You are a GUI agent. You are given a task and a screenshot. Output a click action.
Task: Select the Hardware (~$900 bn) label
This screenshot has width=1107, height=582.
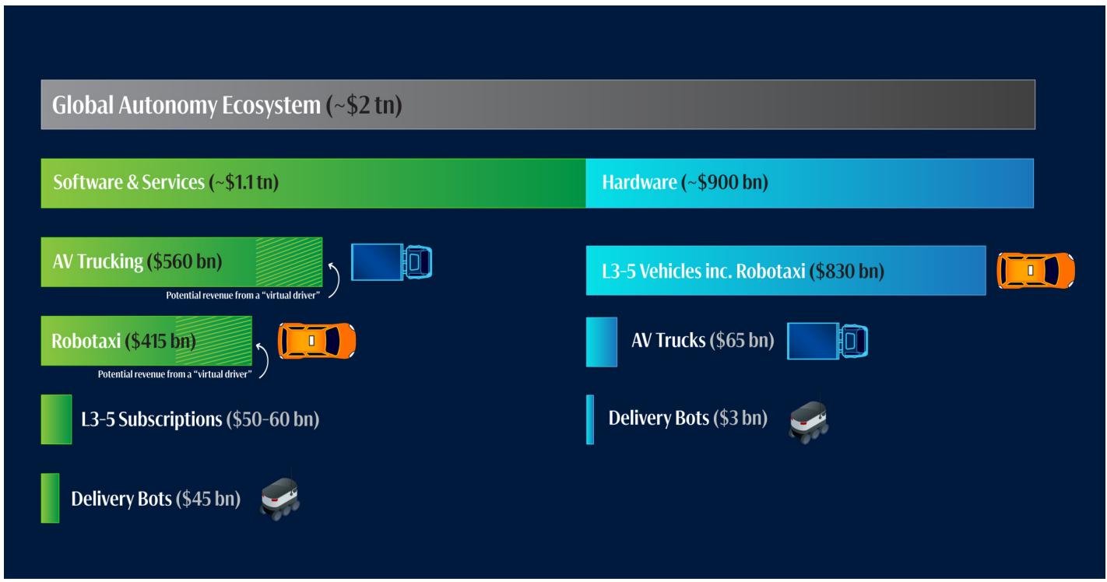(x=685, y=184)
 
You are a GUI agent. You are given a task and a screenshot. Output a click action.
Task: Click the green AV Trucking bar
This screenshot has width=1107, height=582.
(x=181, y=261)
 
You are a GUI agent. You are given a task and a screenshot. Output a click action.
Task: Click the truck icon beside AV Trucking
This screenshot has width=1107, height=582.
(x=392, y=262)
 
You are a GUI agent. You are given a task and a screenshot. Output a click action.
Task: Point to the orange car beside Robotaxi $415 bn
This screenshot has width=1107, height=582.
(x=318, y=340)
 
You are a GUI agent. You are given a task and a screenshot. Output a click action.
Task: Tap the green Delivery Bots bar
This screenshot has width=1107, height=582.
(x=50, y=498)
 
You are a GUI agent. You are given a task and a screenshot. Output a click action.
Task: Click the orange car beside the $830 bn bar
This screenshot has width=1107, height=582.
(x=1036, y=270)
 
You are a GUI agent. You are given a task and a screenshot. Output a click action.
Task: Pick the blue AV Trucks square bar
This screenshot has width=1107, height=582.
(x=601, y=341)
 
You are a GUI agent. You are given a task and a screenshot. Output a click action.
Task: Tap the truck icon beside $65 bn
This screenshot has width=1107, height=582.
(x=828, y=341)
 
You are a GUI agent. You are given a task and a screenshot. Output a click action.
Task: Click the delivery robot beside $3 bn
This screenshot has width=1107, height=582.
(x=807, y=421)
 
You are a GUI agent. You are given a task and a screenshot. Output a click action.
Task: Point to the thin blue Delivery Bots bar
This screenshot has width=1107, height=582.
(x=589, y=419)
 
